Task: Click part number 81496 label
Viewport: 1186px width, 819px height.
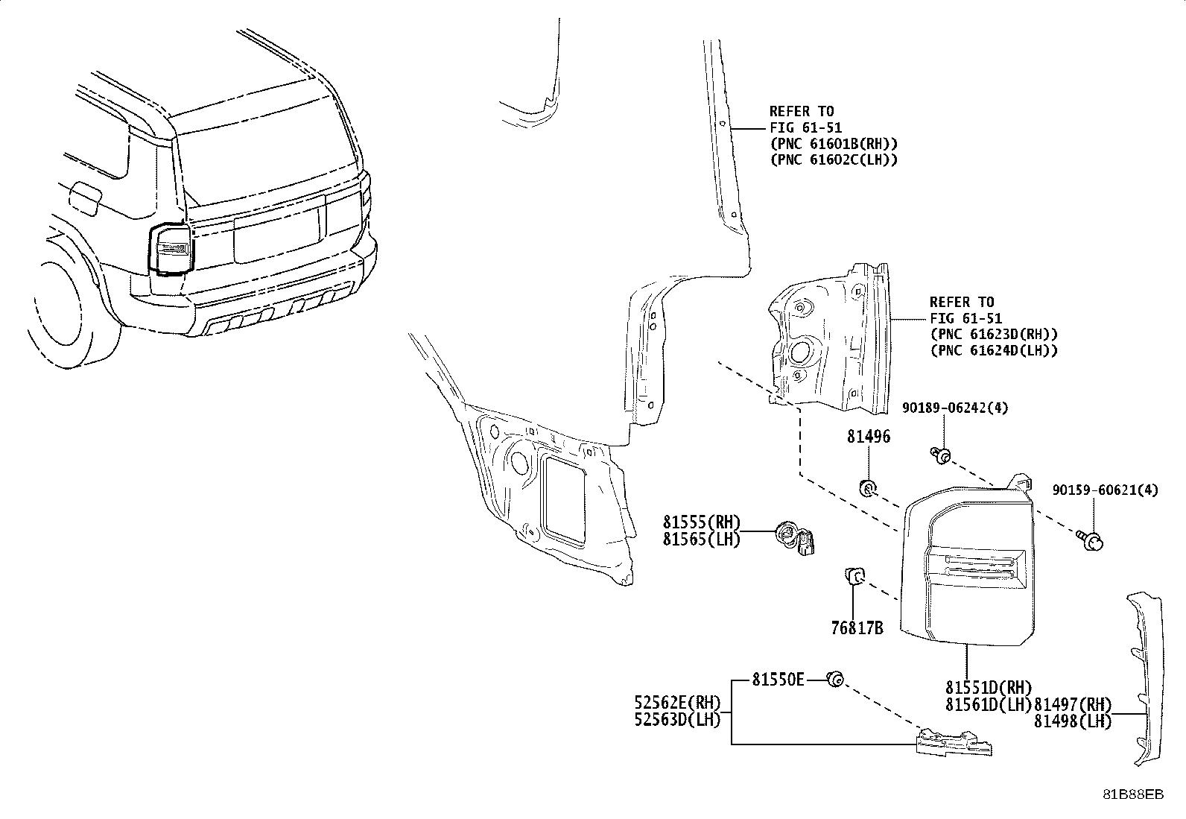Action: pyautogui.click(x=868, y=437)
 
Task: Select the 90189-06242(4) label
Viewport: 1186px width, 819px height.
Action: pyautogui.click(x=955, y=408)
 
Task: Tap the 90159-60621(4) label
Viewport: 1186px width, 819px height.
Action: pyautogui.click(x=1106, y=490)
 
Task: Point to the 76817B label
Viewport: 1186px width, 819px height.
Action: pyautogui.click(x=857, y=628)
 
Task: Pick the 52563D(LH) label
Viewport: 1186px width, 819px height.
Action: pyautogui.click(x=677, y=720)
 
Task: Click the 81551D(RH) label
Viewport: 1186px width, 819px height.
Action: pyautogui.click(x=989, y=687)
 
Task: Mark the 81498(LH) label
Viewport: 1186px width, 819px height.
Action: pyautogui.click(x=1072, y=721)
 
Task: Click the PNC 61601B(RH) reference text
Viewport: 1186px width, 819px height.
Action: pyautogui.click(x=834, y=144)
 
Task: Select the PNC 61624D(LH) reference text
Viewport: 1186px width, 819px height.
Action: pyautogui.click(x=994, y=350)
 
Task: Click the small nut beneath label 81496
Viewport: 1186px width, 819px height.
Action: pyautogui.click(x=868, y=489)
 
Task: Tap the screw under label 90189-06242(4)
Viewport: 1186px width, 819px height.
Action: pyautogui.click(x=942, y=455)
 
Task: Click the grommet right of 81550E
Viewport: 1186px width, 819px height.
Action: pyautogui.click(x=835, y=679)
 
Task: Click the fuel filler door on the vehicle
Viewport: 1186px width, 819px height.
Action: pyautogui.click(x=84, y=199)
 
